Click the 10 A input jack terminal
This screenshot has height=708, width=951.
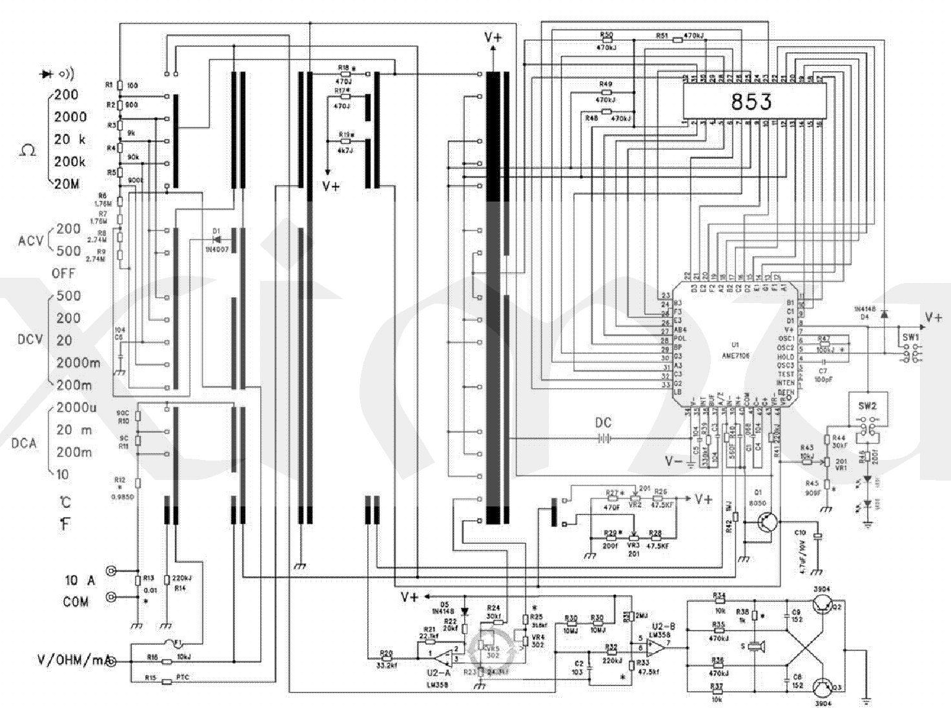coord(112,571)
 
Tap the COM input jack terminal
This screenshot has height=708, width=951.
coord(112,598)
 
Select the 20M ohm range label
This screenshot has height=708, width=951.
coord(66,184)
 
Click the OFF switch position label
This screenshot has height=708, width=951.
coord(63,273)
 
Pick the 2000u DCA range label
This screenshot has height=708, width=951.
coord(76,408)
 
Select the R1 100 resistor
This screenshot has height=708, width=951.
coord(119,85)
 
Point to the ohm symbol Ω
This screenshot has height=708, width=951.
coord(28,150)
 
